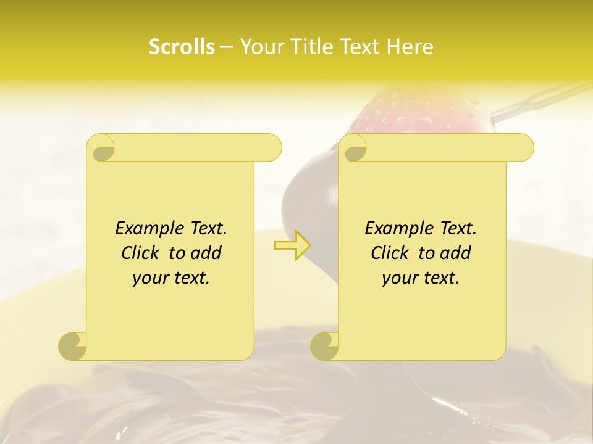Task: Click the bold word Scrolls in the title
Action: click(182, 47)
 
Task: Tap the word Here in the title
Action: click(410, 47)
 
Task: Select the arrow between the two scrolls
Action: click(292, 245)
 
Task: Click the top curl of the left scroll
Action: click(101, 149)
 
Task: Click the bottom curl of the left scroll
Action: click(73, 346)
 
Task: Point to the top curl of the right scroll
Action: click(353, 149)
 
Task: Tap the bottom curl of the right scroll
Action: click(325, 346)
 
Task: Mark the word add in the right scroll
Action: click(456, 253)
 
